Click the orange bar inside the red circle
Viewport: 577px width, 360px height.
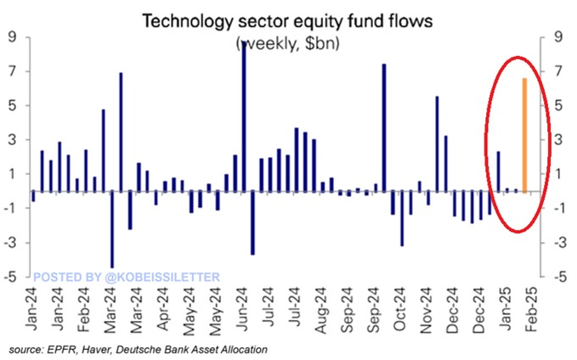tap(524, 134)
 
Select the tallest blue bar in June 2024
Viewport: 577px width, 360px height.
tap(244, 115)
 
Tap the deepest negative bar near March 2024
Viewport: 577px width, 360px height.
tap(112, 229)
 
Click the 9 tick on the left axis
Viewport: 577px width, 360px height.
tap(14, 37)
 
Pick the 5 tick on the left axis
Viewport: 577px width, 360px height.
tap(14, 106)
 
